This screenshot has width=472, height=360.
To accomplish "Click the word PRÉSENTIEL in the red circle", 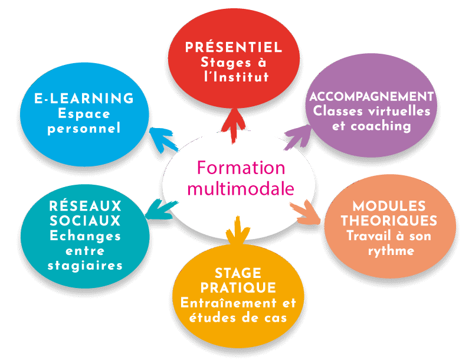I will [234, 48].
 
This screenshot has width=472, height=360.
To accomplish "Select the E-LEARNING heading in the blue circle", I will [84, 98].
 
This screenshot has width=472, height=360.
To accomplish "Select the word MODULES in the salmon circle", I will [389, 207].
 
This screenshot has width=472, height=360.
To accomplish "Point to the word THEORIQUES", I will [389, 221].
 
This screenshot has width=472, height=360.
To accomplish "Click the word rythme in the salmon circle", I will [389, 250].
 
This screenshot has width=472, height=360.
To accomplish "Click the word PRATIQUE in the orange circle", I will [238, 288].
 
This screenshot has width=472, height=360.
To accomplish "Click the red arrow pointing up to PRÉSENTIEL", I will [234, 125].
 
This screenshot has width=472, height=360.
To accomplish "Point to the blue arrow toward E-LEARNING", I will [160, 139].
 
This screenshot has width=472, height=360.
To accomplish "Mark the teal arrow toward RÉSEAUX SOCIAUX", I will [158, 211].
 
